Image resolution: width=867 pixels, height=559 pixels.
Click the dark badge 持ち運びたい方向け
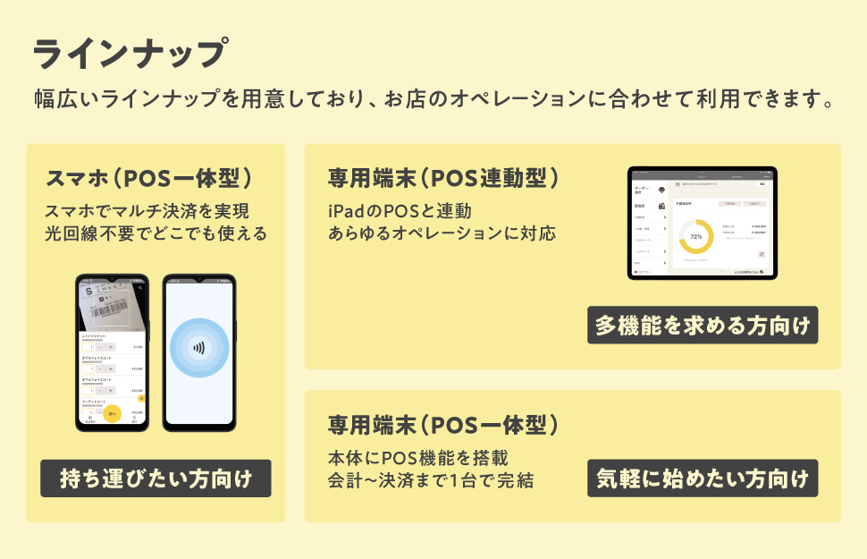coord(156,479)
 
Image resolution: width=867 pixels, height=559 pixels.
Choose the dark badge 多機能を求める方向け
coord(703,326)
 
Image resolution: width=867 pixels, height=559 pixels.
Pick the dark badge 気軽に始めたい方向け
coord(703,479)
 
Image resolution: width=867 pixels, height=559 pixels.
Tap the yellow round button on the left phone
coord(113,415)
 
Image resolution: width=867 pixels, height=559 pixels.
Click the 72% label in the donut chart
coord(696,237)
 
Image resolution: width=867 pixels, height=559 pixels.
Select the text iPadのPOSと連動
coord(400,211)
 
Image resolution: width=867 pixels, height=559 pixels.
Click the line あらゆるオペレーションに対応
coord(442,233)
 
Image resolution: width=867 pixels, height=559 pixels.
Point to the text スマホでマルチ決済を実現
coord(147,212)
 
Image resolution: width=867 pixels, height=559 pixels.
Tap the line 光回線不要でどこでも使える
coord(156,234)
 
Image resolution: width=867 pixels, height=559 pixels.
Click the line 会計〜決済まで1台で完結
coord(431,480)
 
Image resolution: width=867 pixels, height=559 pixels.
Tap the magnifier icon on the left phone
coord(140,288)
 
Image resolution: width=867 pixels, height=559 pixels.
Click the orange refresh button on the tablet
coord(761,254)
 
